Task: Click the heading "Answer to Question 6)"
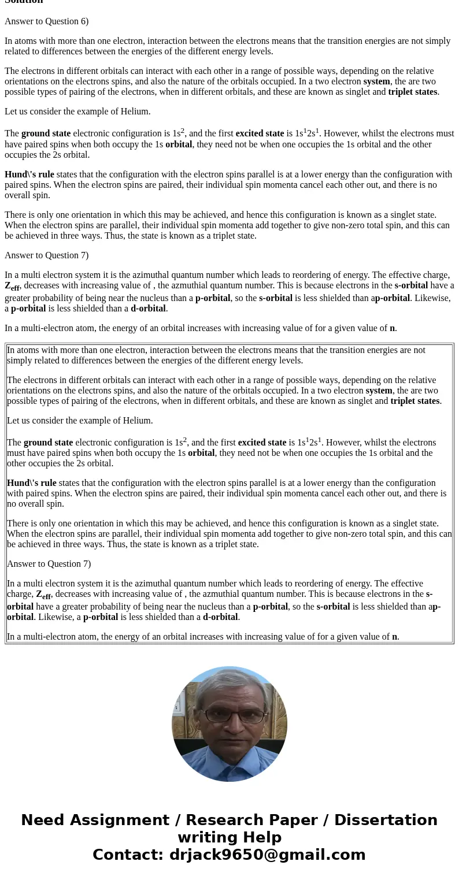pos(46,21)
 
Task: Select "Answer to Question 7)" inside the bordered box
pos(49,564)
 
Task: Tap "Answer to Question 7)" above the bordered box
pos(46,255)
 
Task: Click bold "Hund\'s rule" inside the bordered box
pos(32,483)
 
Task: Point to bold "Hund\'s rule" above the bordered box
pos(29,174)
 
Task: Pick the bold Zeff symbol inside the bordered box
pos(43,595)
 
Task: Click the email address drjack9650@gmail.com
pos(267,855)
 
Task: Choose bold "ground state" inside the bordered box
pos(48,443)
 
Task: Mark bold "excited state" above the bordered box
pos(260,133)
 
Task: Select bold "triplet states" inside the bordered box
pos(415,401)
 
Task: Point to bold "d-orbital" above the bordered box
pos(149,309)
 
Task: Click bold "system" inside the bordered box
pos(379,391)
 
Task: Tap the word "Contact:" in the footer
pos(128,855)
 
